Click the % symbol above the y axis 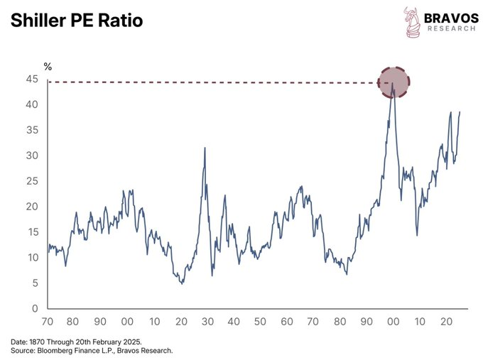48,66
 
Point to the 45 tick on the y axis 32,79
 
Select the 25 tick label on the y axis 32,181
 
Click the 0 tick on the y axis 35,309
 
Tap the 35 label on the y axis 32,130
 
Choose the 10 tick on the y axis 32,258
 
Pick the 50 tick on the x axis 260,321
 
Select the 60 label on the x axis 286,321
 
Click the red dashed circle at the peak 394,82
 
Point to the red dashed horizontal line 213,83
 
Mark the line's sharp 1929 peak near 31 205,148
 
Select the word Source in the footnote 21,350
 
